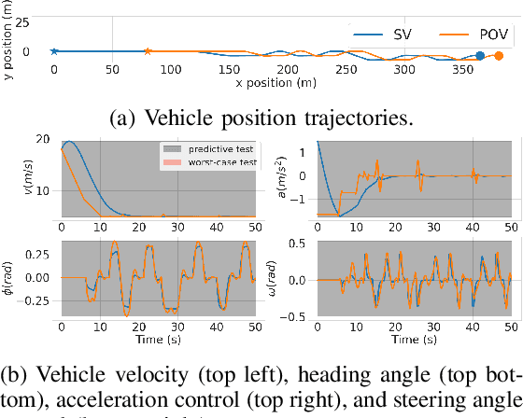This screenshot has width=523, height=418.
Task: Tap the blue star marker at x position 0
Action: tap(54, 52)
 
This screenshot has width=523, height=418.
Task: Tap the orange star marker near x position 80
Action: tap(148, 52)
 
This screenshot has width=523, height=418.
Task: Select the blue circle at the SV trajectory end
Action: tap(480, 56)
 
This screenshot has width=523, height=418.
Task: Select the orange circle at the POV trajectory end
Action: tap(498, 56)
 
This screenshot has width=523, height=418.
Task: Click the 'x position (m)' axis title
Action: tap(277, 83)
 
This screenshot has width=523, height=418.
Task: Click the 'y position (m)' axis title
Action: tap(10, 43)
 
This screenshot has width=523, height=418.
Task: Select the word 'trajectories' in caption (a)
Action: tap(360, 118)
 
